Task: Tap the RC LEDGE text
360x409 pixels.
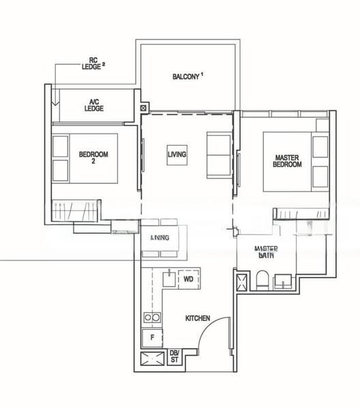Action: tap(91, 63)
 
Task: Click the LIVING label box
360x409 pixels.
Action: tap(177, 155)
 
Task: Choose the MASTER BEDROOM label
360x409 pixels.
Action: tap(287, 160)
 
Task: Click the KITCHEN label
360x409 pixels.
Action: tap(198, 318)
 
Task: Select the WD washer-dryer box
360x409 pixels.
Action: tap(188, 278)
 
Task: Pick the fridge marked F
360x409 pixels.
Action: tap(151, 337)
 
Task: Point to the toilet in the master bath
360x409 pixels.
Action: tap(263, 280)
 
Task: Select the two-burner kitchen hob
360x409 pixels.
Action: tap(151, 317)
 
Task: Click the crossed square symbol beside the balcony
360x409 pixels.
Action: tap(142, 108)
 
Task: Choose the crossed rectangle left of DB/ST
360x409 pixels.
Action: tap(151, 360)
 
